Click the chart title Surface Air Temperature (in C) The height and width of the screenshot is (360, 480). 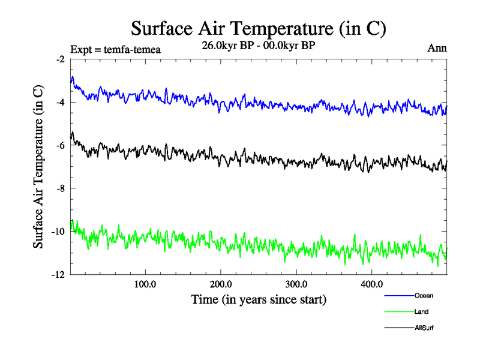click(259, 29)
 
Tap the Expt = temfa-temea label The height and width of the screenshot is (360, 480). click(115, 49)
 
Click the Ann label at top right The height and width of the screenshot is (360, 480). click(436, 49)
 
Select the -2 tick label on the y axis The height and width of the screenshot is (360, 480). click(60, 59)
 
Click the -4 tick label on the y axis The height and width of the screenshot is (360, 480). click(60, 103)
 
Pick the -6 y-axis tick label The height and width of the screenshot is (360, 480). click(60, 146)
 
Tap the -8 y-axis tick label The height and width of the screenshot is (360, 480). click(60, 189)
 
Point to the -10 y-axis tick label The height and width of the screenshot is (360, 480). click(58, 232)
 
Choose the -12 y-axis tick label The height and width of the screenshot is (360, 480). click(58, 275)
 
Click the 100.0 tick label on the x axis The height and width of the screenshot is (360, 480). click(145, 284)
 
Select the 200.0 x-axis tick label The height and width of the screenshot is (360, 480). click(221, 284)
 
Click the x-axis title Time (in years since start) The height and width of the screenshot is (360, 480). click(259, 299)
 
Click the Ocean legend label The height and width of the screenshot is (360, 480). click(424, 296)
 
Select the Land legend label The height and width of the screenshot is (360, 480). click(421, 312)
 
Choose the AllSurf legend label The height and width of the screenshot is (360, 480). click(424, 328)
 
